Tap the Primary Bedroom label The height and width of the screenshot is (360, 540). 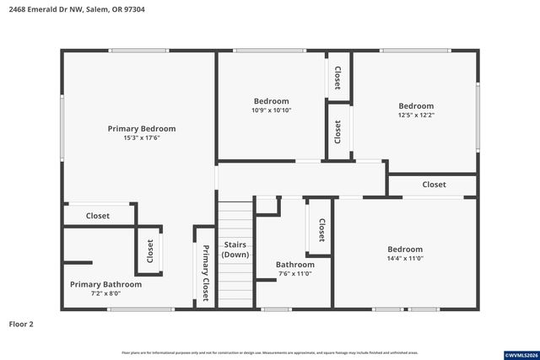click(142, 129)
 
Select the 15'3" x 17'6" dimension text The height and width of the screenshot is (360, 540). click(142, 138)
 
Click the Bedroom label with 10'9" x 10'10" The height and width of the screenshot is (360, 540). click(271, 101)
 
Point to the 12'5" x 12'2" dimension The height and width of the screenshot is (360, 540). click(416, 116)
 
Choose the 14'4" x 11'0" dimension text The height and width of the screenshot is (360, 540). click(405, 259)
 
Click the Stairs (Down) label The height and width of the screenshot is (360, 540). click(235, 250)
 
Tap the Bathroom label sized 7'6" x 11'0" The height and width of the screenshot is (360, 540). click(294, 265)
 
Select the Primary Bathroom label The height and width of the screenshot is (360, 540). click(105, 285)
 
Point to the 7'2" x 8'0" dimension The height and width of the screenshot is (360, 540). click(105, 294)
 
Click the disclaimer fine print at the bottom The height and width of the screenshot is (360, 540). click(269, 352)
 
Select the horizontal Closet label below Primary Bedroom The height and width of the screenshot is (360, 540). click(98, 216)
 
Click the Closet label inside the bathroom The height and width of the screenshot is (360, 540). click(321, 228)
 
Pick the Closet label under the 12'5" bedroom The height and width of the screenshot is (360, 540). click(434, 185)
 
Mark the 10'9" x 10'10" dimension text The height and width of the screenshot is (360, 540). click(271, 110)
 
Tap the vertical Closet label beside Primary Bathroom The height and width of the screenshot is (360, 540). click(150, 250)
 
